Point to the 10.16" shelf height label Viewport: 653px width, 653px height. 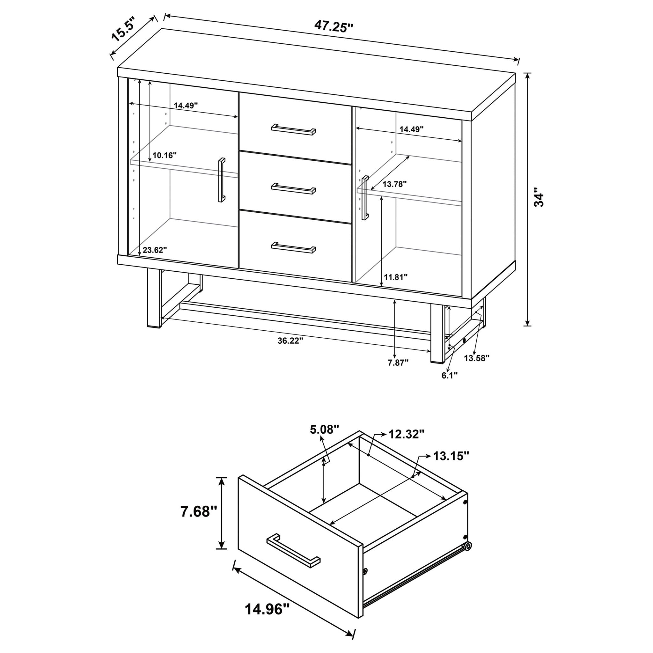(165, 156)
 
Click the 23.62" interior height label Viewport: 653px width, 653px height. (155, 250)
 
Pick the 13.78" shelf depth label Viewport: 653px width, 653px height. (394, 184)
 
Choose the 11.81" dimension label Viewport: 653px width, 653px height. (395, 277)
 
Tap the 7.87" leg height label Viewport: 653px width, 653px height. (398, 363)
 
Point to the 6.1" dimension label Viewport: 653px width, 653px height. (450, 376)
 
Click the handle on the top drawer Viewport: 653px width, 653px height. (293, 129)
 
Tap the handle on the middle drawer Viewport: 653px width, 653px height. (293, 189)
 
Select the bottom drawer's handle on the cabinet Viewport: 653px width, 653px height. (293, 248)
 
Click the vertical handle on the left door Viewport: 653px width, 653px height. (221, 180)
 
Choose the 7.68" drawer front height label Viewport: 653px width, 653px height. (199, 512)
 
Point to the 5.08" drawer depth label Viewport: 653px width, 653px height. (324, 429)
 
